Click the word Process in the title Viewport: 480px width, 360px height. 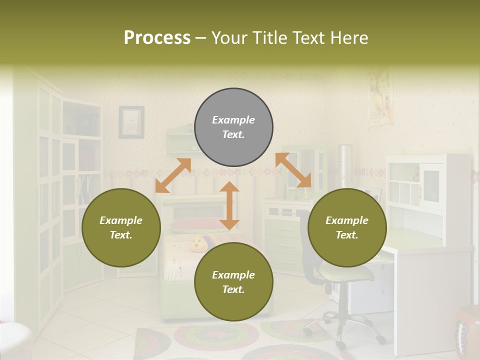point(157,38)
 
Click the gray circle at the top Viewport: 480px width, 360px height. point(233,127)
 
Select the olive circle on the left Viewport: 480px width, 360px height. point(121,227)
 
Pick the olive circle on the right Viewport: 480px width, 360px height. point(347,227)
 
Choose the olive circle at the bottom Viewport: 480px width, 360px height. point(233,282)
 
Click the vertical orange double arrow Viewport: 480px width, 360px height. point(229,205)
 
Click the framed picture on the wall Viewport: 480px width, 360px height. point(131,122)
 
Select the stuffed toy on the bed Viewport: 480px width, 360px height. point(198,244)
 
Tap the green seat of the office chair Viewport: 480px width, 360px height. point(347,273)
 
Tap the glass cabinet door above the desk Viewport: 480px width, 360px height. point(431,185)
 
